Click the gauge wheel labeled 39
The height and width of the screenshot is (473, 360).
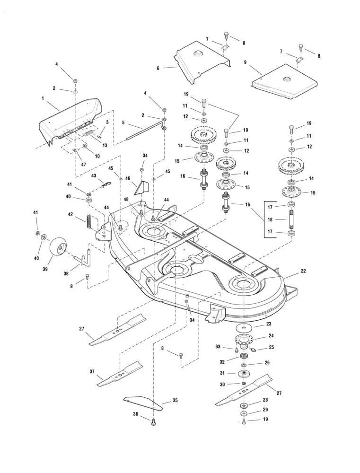click(x=58, y=245)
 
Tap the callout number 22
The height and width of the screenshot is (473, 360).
click(x=303, y=271)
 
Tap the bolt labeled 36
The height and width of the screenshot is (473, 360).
click(x=153, y=423)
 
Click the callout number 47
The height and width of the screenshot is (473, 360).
click(x=84, y=165)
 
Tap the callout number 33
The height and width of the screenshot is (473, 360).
click(x=218, y=347)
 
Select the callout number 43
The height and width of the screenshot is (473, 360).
click(x=93, y=176)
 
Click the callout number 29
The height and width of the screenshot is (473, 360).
click(x=265, y=409)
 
